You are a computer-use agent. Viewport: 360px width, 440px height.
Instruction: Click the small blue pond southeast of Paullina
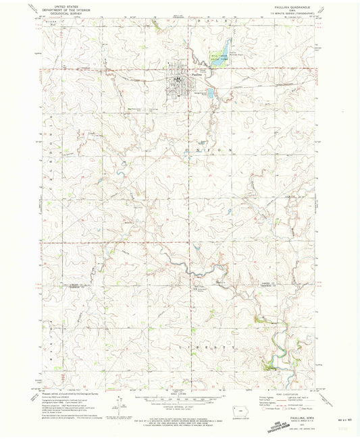[x=210, y=92]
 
